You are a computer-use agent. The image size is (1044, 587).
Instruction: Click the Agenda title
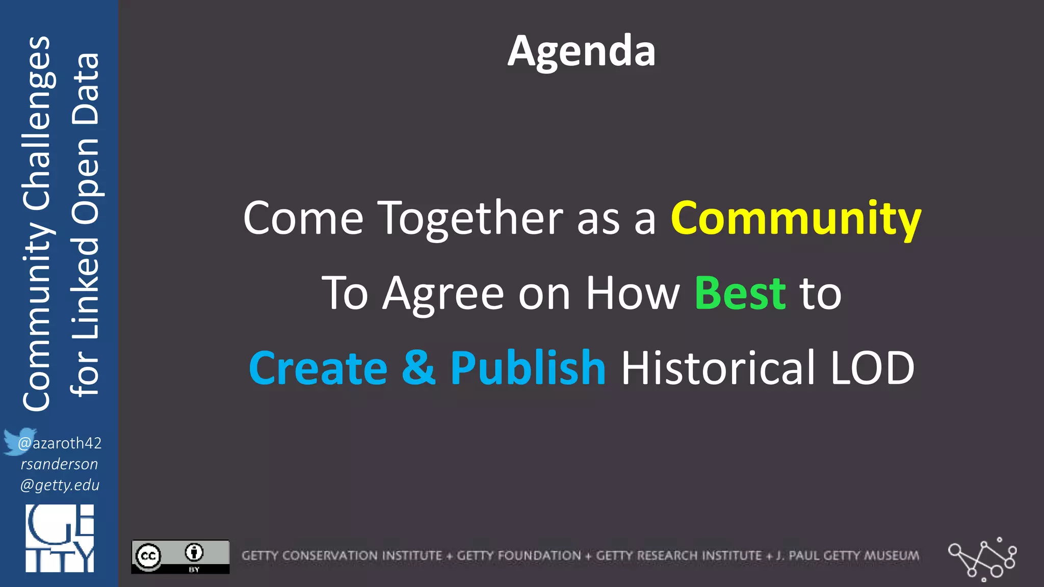click(581, 51)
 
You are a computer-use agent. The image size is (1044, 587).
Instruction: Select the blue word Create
click(318, 368)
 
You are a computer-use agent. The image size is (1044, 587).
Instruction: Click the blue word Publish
click(528, 368)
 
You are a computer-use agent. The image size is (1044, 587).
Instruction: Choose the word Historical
click(718, 368)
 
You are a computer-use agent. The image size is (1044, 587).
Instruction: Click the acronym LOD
click(872, 368)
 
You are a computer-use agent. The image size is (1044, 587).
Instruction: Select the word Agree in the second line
click(443, 295)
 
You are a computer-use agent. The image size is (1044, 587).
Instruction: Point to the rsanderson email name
click(59, 464)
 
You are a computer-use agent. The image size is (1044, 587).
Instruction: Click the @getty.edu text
click(60, 485)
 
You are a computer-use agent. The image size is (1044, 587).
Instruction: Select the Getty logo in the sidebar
click(60, 538)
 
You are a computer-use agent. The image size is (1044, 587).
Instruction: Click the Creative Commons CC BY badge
click(180, 557)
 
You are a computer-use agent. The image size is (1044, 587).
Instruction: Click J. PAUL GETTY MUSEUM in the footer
click(848, 555)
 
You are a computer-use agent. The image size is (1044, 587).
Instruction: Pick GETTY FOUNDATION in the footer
click(518, 555)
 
